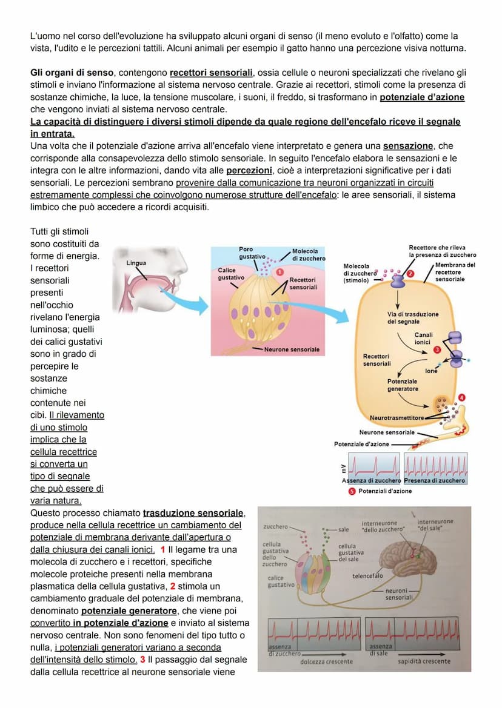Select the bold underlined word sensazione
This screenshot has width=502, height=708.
point(409,146)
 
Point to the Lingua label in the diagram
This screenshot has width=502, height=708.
point(136,263)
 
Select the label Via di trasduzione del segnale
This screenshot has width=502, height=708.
point(412,317)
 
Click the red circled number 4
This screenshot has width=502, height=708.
point(462,397)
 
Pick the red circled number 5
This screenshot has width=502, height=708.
point(352,491)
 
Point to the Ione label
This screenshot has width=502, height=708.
point(431,371)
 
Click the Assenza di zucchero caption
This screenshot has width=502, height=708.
point(372,480)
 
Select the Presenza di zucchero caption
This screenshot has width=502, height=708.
point(435,480)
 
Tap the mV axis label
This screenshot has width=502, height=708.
point(343,467)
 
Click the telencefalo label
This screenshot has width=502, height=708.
point(367,576)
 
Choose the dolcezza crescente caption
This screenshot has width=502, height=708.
point(326,661)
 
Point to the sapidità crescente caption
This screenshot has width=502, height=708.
point(424,661)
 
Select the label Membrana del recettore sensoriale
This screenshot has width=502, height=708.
point(455,272)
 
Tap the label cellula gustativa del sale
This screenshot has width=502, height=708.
point(350,552)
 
